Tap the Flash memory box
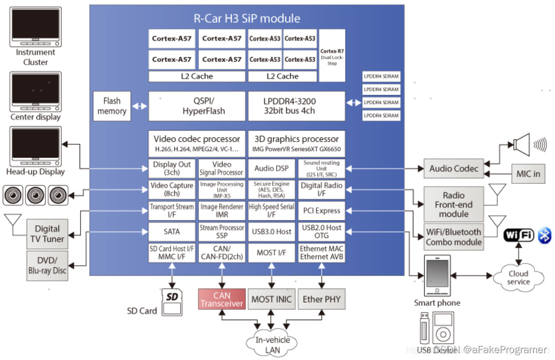point(112,106)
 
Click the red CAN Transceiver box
point(222,299)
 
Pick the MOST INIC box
point(271,299)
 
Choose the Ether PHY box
point(321,299)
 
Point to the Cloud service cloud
point(518,277)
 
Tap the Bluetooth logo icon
point(544,235)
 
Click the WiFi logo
point(518,235)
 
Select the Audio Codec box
point(454,169)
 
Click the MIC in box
point(528,174)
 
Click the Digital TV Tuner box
point(48,234)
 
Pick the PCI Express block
point(321,210)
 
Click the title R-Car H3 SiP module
point(247,19)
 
